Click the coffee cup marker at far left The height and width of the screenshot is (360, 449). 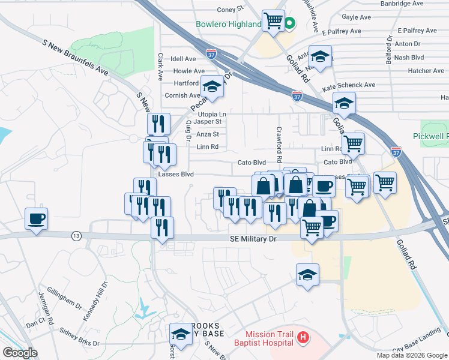(36, 218)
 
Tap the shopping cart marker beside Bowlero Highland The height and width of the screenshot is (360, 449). (274, 20)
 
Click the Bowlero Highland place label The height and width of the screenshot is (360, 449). (228, 25)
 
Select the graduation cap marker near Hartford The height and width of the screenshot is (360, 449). (212, 88)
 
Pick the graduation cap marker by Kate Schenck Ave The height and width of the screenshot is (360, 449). (344, 103)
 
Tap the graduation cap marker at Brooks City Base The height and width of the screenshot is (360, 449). (180, 334)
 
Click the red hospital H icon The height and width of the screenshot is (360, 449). (303, 338)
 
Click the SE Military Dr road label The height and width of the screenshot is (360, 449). (253, 239)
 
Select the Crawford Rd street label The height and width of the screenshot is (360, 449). (279, 144)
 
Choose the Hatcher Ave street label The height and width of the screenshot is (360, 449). (426, 71)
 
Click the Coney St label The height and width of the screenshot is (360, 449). (229, 10)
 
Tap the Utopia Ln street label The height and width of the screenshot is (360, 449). (212, 114)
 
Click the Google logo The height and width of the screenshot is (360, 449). (20, 353)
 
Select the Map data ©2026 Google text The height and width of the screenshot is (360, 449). (411, 355)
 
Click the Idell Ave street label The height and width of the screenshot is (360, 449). (184, 59)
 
